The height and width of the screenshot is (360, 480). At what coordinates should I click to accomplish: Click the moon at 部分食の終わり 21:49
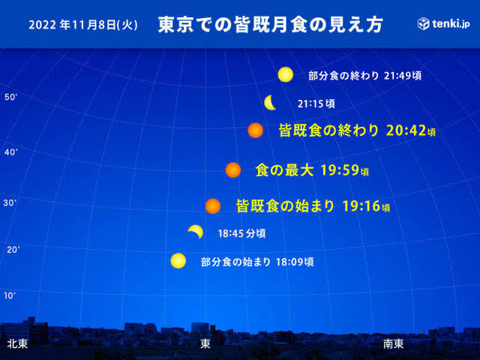click(286, 75)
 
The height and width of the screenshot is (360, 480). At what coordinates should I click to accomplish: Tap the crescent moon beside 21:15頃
click(269, 103)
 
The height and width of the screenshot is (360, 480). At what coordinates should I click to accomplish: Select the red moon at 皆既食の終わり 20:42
click(256, 130)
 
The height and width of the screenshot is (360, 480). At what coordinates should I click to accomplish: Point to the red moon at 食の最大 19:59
click(233, 170)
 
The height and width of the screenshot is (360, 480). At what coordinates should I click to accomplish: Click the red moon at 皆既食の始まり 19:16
click(213, 206)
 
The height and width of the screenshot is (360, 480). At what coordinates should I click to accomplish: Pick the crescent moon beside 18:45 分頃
click(196, 230)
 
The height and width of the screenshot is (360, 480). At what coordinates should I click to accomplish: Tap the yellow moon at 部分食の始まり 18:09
click(178, 261)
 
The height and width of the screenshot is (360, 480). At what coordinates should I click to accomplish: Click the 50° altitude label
click(11, 97)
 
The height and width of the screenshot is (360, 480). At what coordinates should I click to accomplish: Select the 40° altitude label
click(11, 151)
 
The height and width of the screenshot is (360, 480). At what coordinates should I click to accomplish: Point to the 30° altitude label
click(10, 203)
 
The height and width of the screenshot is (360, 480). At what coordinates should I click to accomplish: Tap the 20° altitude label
click(13, 250)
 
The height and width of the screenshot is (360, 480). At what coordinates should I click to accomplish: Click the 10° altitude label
click(10, 295)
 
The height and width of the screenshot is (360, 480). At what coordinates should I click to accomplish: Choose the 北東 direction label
click(17, 343)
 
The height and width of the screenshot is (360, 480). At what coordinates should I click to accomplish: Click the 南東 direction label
click(393, 343)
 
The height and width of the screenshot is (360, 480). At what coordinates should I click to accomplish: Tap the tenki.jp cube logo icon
click(423, 23)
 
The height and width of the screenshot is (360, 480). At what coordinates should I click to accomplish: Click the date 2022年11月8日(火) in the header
click(83, 25)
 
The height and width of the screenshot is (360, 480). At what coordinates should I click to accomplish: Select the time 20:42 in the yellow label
click(406, 130)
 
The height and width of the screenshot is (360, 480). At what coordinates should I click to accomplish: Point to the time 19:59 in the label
click(340, 170)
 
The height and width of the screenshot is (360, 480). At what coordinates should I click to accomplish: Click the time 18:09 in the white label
click(290, 262)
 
